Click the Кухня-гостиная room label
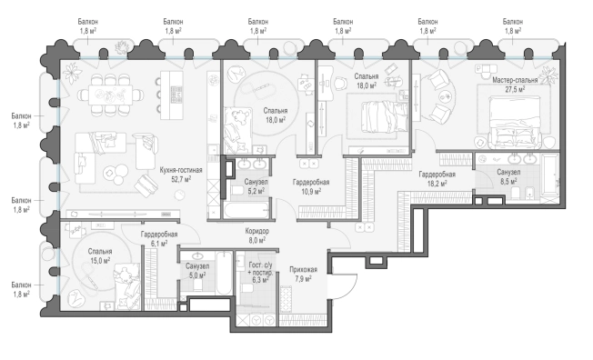pos(181,170)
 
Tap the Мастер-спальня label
pos(515,81)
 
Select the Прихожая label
pos(303,270)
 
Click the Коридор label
pos(257,231)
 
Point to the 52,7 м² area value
pos(181,179)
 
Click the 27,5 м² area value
pos(515,89)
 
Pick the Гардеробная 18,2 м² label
pos(437,179)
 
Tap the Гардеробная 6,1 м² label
pos(159,239)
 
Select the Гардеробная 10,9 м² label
pos(311,186)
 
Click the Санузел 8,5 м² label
pos(508,176)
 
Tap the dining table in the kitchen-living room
pos(110,95)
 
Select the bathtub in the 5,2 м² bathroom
pos(246,210)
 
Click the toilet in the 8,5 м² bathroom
pos(517,194)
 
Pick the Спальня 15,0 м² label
pos(100,256)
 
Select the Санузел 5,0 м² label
pos(197,271)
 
